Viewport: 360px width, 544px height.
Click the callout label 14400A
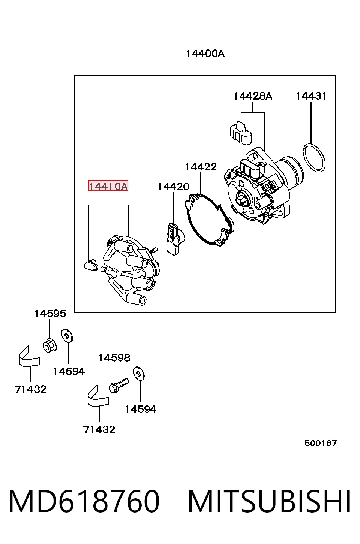pyautogui.click(x=205, y=54)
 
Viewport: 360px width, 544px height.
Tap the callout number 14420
pyautogui.click(x=173, y=187)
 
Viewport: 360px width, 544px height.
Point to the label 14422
pyautogui.click(x=201, y=167)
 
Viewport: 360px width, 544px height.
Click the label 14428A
pyautogui.click(x=253, y=96)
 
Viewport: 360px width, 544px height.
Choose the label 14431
pyautogui.click(x=311, y=96)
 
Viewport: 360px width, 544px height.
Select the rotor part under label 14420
pyautogui.click(x=174, y=239)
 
